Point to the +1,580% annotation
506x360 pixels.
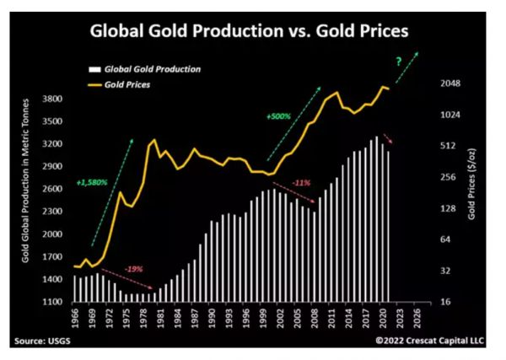click(92, 182)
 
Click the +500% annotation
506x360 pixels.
click(278, 116)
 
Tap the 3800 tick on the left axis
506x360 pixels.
click(53, 99)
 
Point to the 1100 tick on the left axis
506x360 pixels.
click(53, 302)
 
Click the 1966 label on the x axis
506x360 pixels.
click(75, 318)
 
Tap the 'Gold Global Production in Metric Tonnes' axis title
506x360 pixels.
click(26, 191)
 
